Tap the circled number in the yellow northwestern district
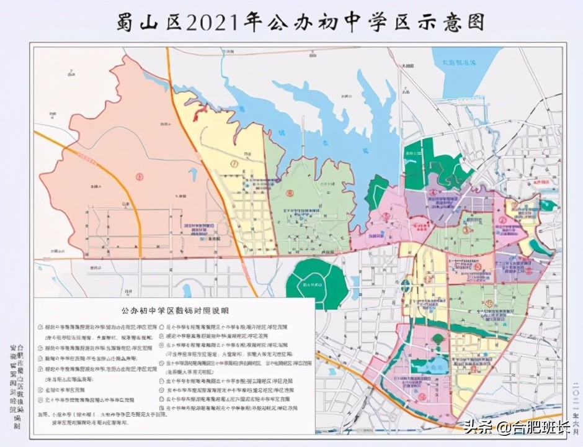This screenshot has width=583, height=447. point(234,164)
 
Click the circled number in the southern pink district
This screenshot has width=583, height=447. point(422,395)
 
